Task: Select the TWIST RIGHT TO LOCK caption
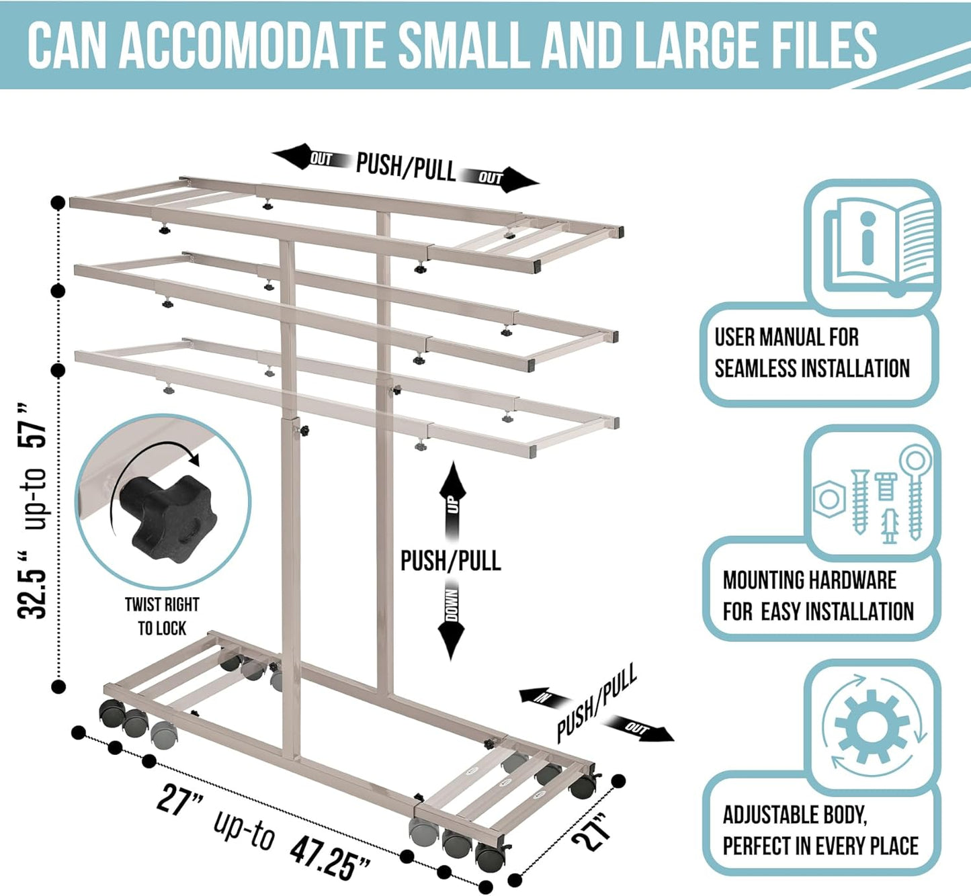162,617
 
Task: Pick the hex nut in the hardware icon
829,499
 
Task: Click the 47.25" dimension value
329,854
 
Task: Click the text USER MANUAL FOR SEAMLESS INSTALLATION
811,353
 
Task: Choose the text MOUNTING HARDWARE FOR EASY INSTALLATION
817,596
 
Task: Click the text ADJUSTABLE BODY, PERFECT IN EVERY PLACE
820,830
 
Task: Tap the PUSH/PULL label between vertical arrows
451,561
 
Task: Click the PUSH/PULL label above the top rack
405,167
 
